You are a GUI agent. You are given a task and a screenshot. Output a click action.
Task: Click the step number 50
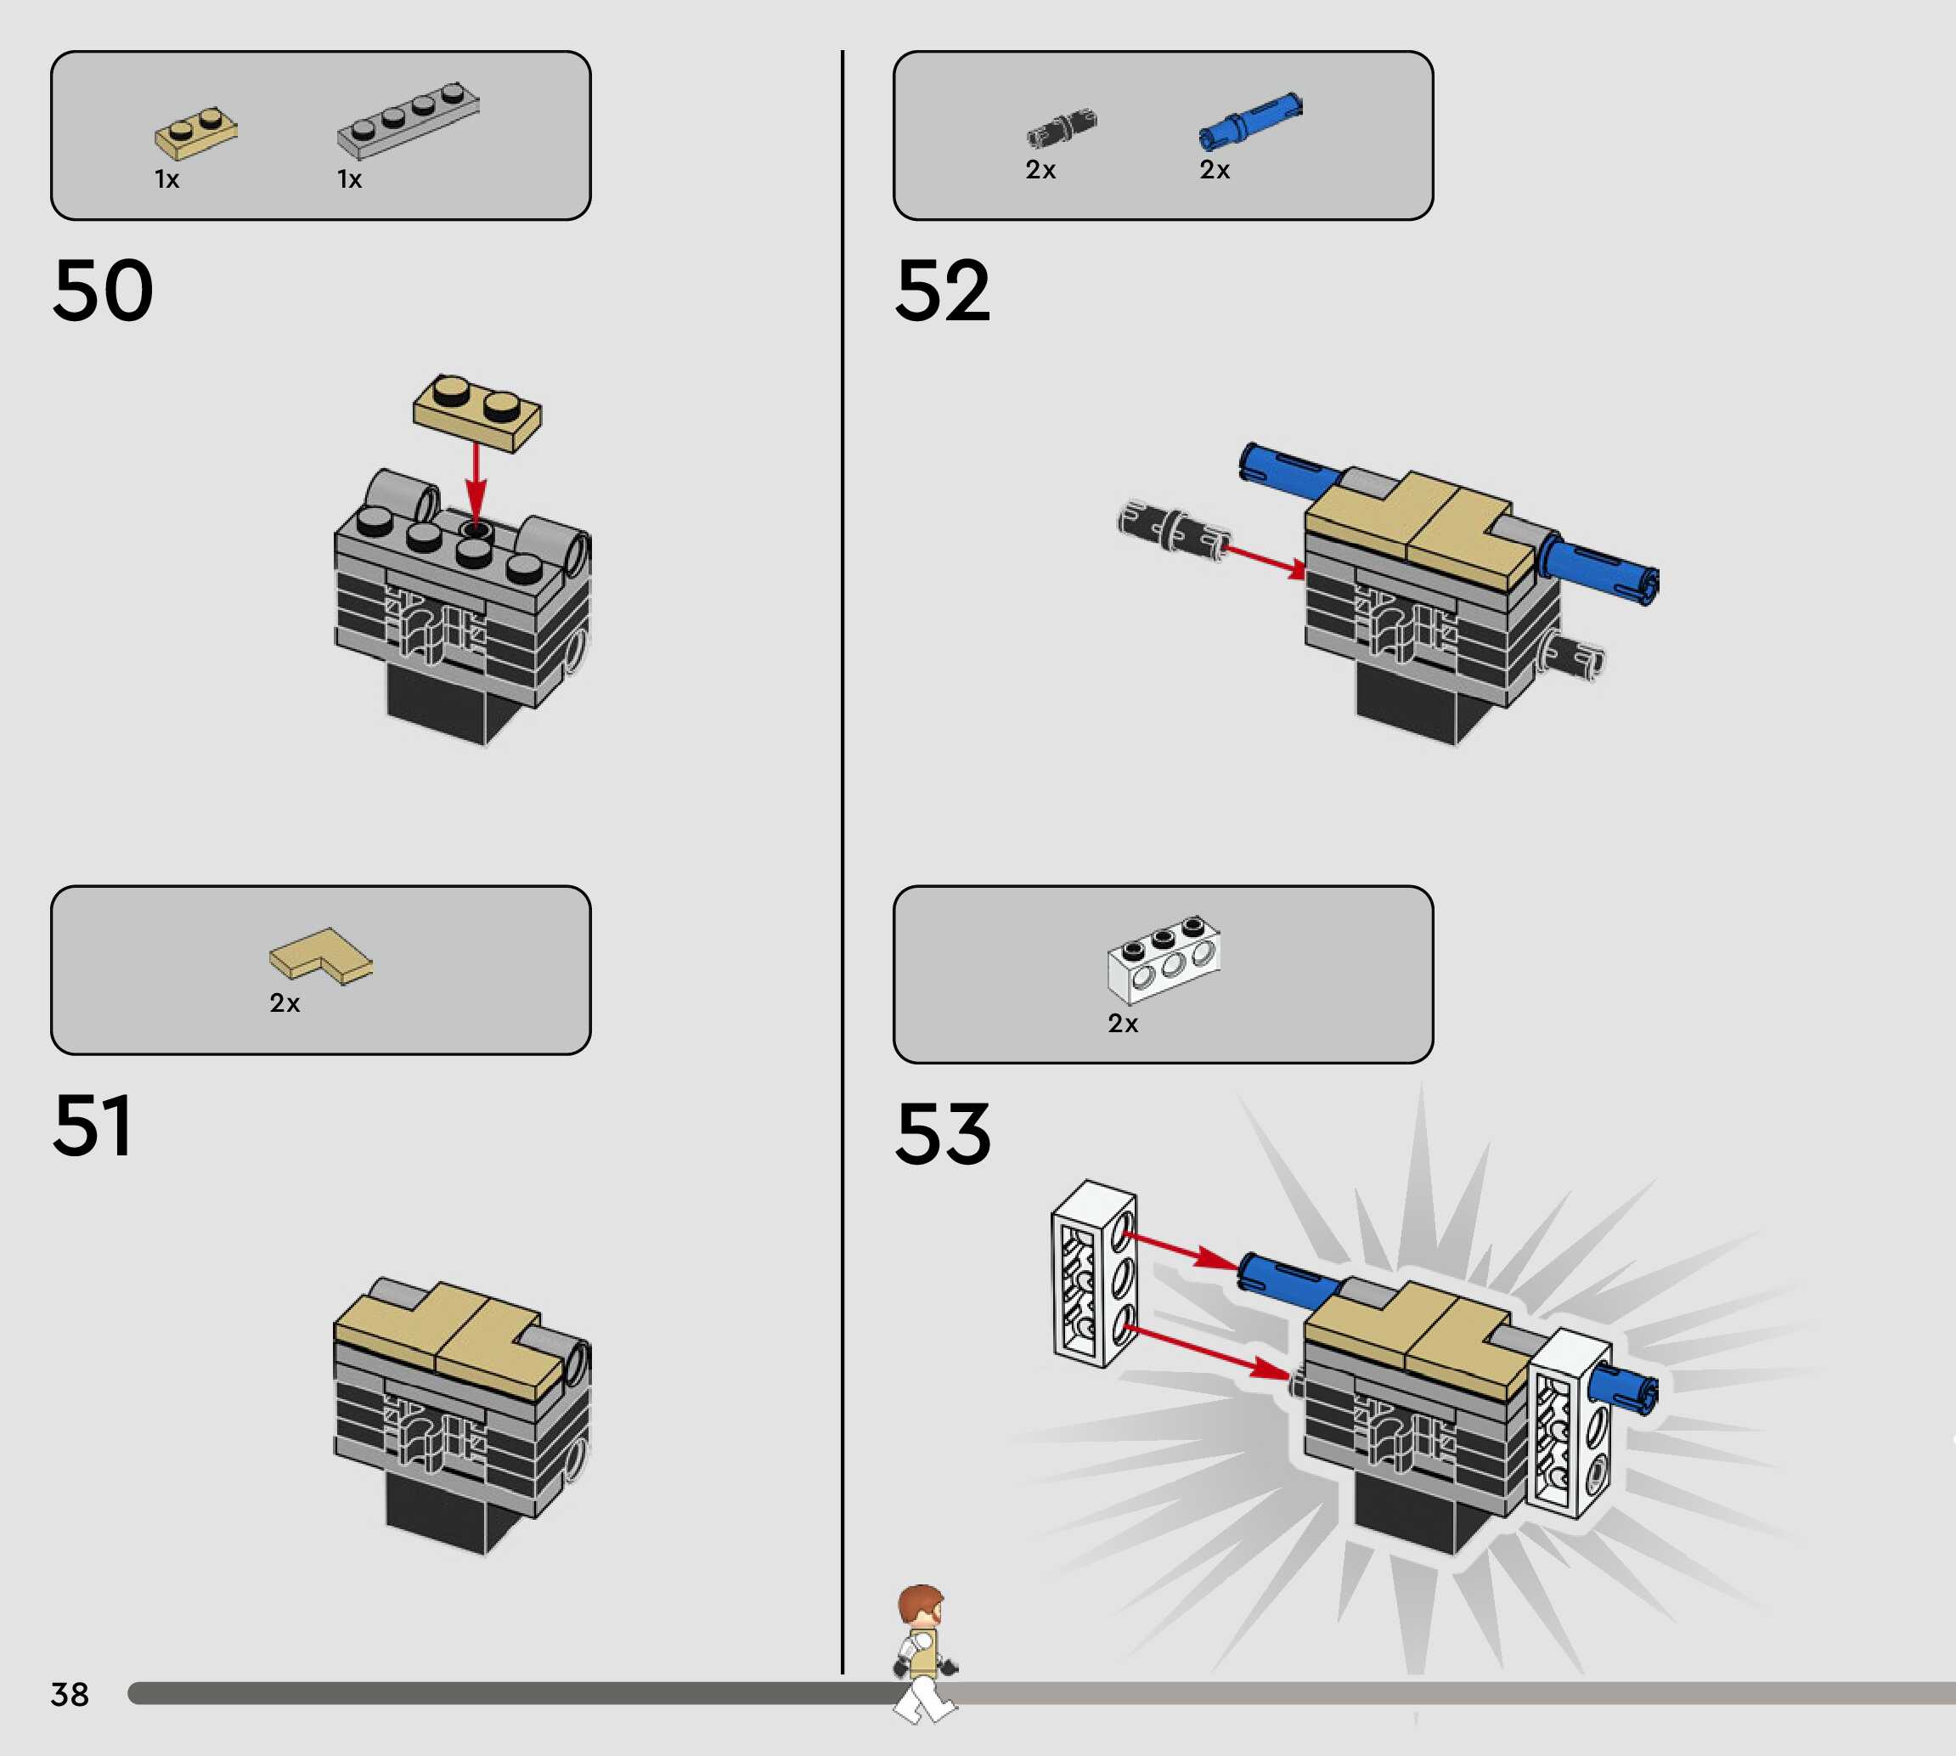click(x=104, y=291)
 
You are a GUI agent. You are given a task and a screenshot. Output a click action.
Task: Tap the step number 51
click(x=93, y=1125)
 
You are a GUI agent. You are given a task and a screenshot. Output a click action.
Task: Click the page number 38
click(x=70, y=1694)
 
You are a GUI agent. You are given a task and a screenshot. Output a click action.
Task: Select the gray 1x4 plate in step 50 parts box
click(x=408, y=120)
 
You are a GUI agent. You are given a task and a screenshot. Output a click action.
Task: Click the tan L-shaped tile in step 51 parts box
click(x=320, y=955)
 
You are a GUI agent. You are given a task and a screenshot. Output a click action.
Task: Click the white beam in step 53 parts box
click(x=1164, y=959)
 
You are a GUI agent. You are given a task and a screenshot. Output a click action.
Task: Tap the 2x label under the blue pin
click(x=1215, y=170)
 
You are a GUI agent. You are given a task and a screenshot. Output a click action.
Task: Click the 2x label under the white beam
click(x=1123, y=1023)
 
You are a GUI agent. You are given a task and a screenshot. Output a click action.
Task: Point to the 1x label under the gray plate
click(x=349, y=179)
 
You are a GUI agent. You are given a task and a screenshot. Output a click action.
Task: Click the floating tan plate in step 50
click(x=477, y=412)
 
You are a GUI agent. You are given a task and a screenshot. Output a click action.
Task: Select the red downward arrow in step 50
click(x=476, y=483)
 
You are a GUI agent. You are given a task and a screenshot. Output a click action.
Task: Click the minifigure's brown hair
click(x=920, y=1601)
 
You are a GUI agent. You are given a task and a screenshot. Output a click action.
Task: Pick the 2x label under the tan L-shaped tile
click(x=285, y=1003)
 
